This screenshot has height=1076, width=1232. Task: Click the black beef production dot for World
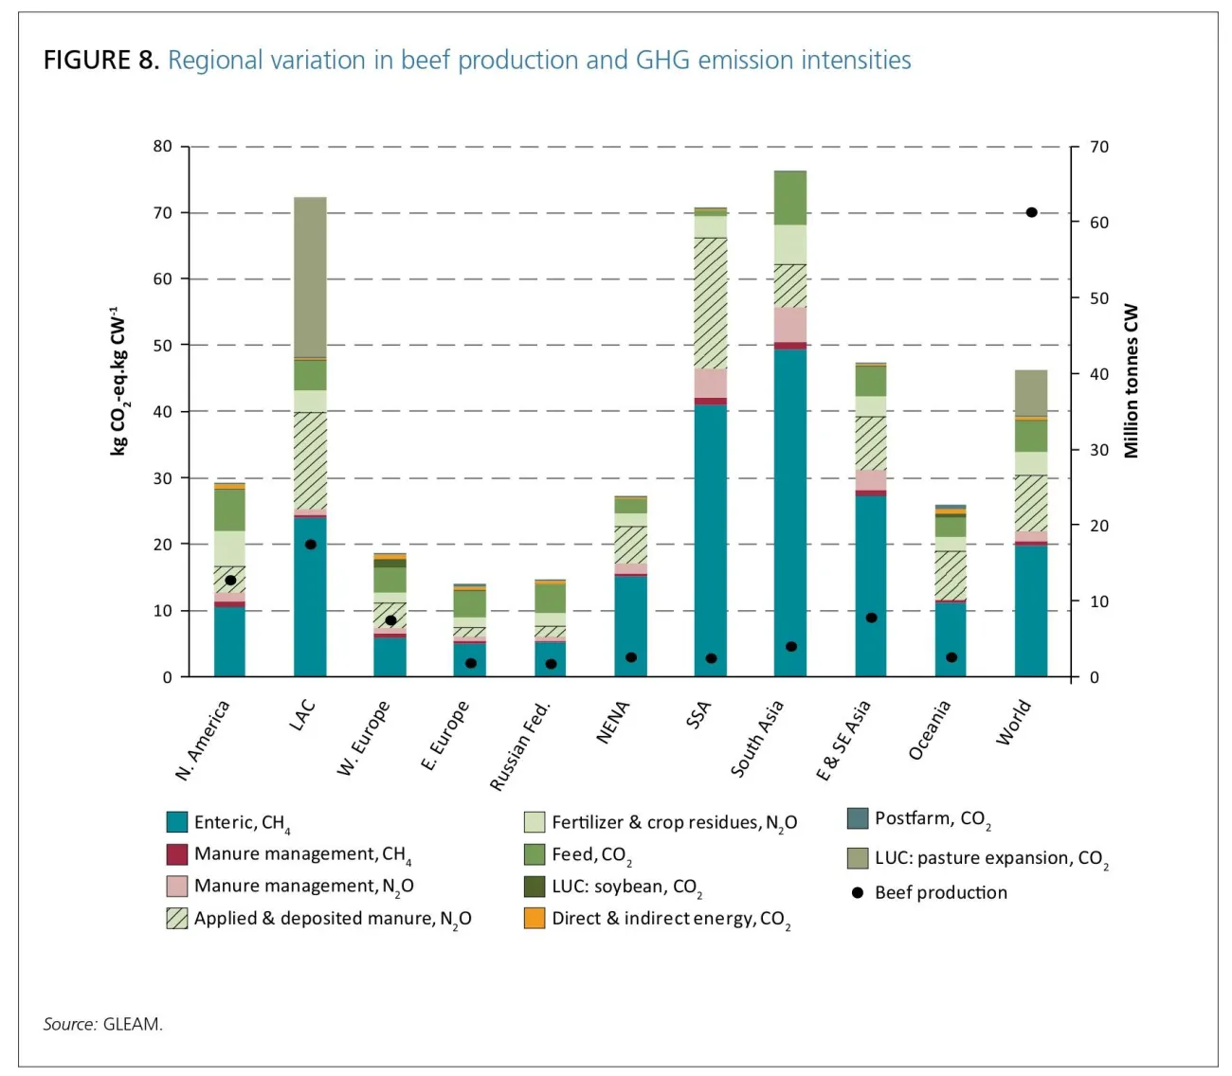pos(1031,212)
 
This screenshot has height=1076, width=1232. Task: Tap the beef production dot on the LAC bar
pos(311,544)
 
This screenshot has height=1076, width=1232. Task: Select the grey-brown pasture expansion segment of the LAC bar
pos(311,278)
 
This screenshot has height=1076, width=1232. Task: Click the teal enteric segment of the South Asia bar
pos(790,512)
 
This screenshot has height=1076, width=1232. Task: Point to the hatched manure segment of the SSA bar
pos(711,303)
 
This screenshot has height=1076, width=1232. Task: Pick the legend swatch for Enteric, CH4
pos(177,822)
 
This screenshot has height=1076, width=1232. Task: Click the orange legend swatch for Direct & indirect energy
pos(534,919)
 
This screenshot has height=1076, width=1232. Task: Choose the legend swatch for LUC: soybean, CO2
pos(534,887)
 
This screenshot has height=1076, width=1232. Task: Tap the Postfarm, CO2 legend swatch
pos(858,818)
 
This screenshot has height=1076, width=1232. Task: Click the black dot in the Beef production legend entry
pos(858,892)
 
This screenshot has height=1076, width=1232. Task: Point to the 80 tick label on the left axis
pos(163,146)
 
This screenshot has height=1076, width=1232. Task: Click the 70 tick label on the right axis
pos(1099,147)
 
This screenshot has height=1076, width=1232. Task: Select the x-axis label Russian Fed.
pos(520,746)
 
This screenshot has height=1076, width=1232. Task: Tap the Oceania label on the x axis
pos(929,730)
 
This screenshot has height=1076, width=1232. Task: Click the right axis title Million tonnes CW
pos(1132,381)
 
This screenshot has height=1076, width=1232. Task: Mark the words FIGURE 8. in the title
pos(101,61)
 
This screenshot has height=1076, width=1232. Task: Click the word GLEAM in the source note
pos(133,1024)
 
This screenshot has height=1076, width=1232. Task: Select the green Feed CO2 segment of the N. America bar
pos(230,510)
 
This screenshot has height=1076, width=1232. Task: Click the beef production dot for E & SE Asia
pos(871,619)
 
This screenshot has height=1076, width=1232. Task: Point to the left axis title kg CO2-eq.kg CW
pos(118,381)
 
